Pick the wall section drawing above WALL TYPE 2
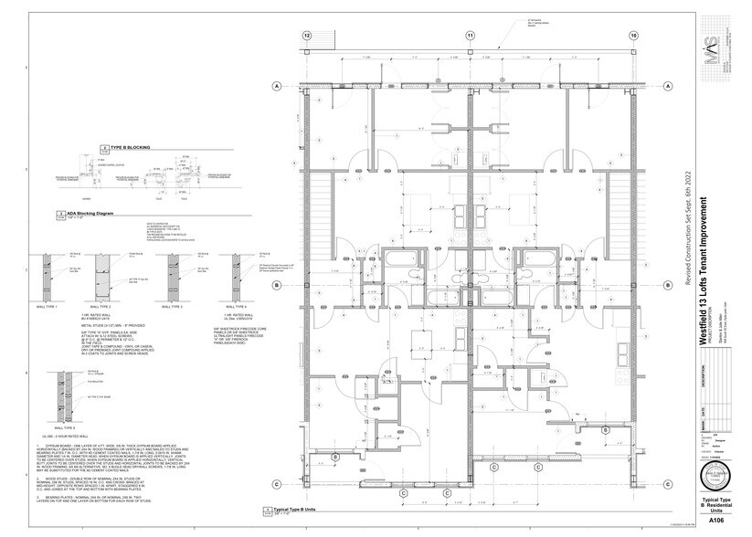106,275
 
